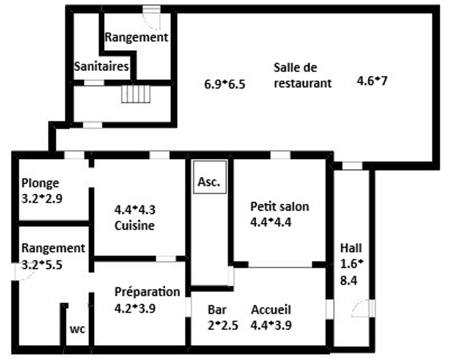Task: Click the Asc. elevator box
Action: coord(210,177)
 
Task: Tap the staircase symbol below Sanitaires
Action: coord(136,94)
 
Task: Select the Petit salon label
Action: coord(280,207)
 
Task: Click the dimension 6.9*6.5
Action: coord(225,84)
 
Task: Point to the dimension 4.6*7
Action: coord(372,81)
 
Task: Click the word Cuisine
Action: coord(134,226)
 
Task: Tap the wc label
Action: coord(77,329)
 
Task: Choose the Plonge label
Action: coord(40,184)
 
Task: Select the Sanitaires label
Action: coord(101,66)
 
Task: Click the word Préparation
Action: coord(147,292)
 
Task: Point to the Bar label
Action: coord(217,310)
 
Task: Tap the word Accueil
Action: coord(271,310)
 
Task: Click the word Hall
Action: coord(351,248)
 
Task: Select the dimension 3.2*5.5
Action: coord(42,265)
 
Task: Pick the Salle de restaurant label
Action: coord(303,76)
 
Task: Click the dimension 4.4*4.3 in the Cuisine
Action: coord(135,210)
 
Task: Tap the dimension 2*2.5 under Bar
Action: coord(223,326)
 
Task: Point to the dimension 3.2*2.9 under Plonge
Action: coord(42,199)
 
